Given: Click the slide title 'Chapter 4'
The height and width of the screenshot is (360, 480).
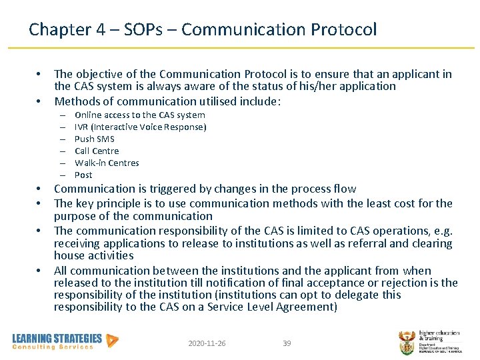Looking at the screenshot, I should (x=60, y=29).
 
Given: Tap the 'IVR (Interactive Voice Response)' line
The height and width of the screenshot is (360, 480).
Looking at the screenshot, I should (x=140, y=127).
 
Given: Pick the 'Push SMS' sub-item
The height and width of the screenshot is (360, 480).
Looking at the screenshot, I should (x=94, y=139).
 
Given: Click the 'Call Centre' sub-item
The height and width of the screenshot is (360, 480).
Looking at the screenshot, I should (x=97, y=151).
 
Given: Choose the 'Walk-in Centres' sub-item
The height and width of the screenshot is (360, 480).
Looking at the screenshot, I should (x=107, y=163).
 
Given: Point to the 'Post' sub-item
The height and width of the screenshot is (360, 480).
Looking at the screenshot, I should (x=83, y=175).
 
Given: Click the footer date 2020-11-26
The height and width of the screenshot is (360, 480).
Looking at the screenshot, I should (x=207, y=343).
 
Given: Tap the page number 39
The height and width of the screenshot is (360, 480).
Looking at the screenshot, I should (x=287, y=343).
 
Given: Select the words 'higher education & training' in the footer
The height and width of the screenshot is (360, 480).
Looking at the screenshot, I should (x=439, y=336).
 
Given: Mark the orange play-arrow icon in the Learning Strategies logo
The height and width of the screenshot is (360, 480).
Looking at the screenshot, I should (x=113, y=340).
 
